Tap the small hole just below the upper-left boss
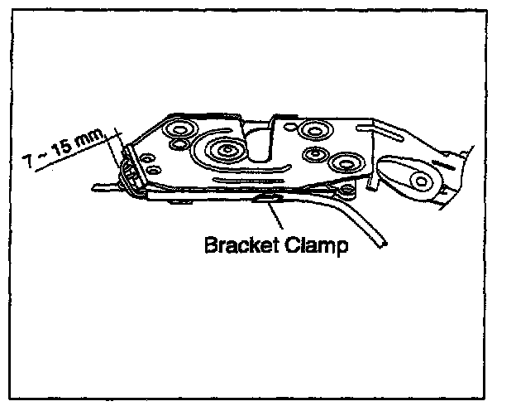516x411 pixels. pos(176,147)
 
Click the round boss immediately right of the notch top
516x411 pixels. pos(313,130)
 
